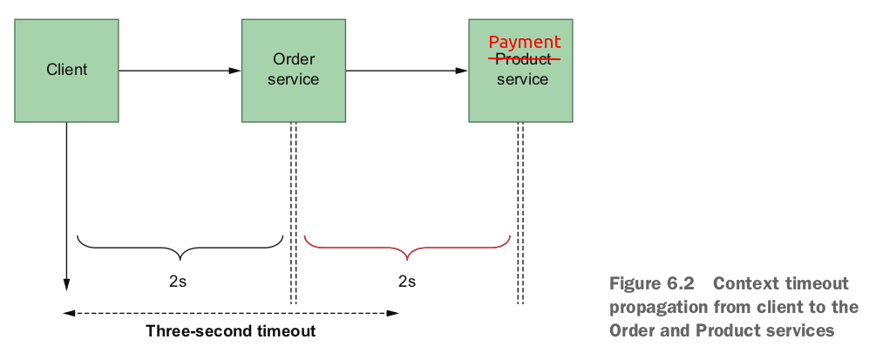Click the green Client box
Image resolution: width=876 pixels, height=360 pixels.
[x=67, y=70]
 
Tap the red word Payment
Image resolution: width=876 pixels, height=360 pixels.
[x=524, y=42]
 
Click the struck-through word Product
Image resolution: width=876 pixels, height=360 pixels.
[x=524, y=59]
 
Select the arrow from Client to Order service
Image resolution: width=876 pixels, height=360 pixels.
[x=179, y=70]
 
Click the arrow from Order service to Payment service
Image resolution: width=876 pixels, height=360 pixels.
[x=406, y=70]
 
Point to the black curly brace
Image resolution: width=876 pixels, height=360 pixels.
[x=180, y=248]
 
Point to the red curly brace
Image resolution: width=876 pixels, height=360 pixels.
[x=407, y=248]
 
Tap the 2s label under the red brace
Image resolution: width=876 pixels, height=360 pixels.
[x=407, y=281]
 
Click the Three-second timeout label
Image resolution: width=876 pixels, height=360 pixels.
[x=231, y=331]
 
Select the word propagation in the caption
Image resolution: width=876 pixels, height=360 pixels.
[x=652, y=307]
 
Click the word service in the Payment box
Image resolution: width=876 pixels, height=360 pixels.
[x=523, y=79]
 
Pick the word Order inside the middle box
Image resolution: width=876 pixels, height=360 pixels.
[x=293, y=59]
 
